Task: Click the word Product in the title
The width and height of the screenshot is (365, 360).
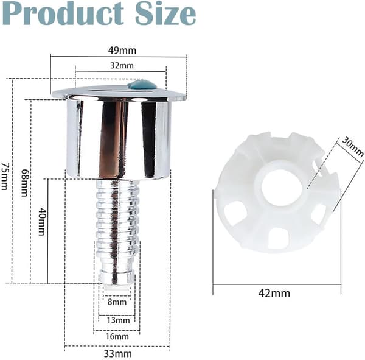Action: (63, 13)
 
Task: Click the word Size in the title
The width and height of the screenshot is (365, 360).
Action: (165, 13)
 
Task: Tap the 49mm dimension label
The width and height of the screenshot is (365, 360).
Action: (122, 51)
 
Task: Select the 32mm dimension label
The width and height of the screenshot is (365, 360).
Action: (122, 66)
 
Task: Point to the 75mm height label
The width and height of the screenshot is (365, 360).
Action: (5, 176)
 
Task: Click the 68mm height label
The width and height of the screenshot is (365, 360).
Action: (25, 183)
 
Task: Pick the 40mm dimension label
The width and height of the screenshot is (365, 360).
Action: (41, 222)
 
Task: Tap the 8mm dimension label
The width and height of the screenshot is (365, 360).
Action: (117, 302)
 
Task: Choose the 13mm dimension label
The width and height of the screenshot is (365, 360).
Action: (118, 320)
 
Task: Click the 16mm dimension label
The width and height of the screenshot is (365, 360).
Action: (117, 336)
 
